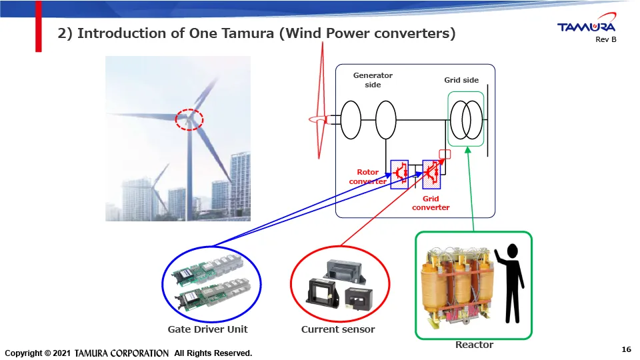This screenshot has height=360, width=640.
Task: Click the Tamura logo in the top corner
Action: pos(586,27)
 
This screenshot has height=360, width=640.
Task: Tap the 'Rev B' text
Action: pos(605,40)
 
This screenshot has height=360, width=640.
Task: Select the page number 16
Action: pos(625,349)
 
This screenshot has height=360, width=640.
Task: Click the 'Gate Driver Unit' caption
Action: pos(207,329)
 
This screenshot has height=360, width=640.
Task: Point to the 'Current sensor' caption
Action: pos(338,329)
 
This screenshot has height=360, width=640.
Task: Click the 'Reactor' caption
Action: pos(474,345)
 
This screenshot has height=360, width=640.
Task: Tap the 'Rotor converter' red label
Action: pos(367,177)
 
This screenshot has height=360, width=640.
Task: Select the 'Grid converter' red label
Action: pos(431,203)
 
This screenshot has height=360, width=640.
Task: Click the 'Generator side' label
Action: pos(373,80)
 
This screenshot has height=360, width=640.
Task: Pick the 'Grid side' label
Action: pos(461,80)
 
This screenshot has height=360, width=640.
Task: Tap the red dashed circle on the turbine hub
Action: pos(189,119)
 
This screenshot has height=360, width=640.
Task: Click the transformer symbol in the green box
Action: pos(466,120)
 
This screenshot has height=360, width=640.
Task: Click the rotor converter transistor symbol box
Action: pos(399,173)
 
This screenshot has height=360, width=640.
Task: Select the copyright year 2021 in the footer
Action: pos(60,353)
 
